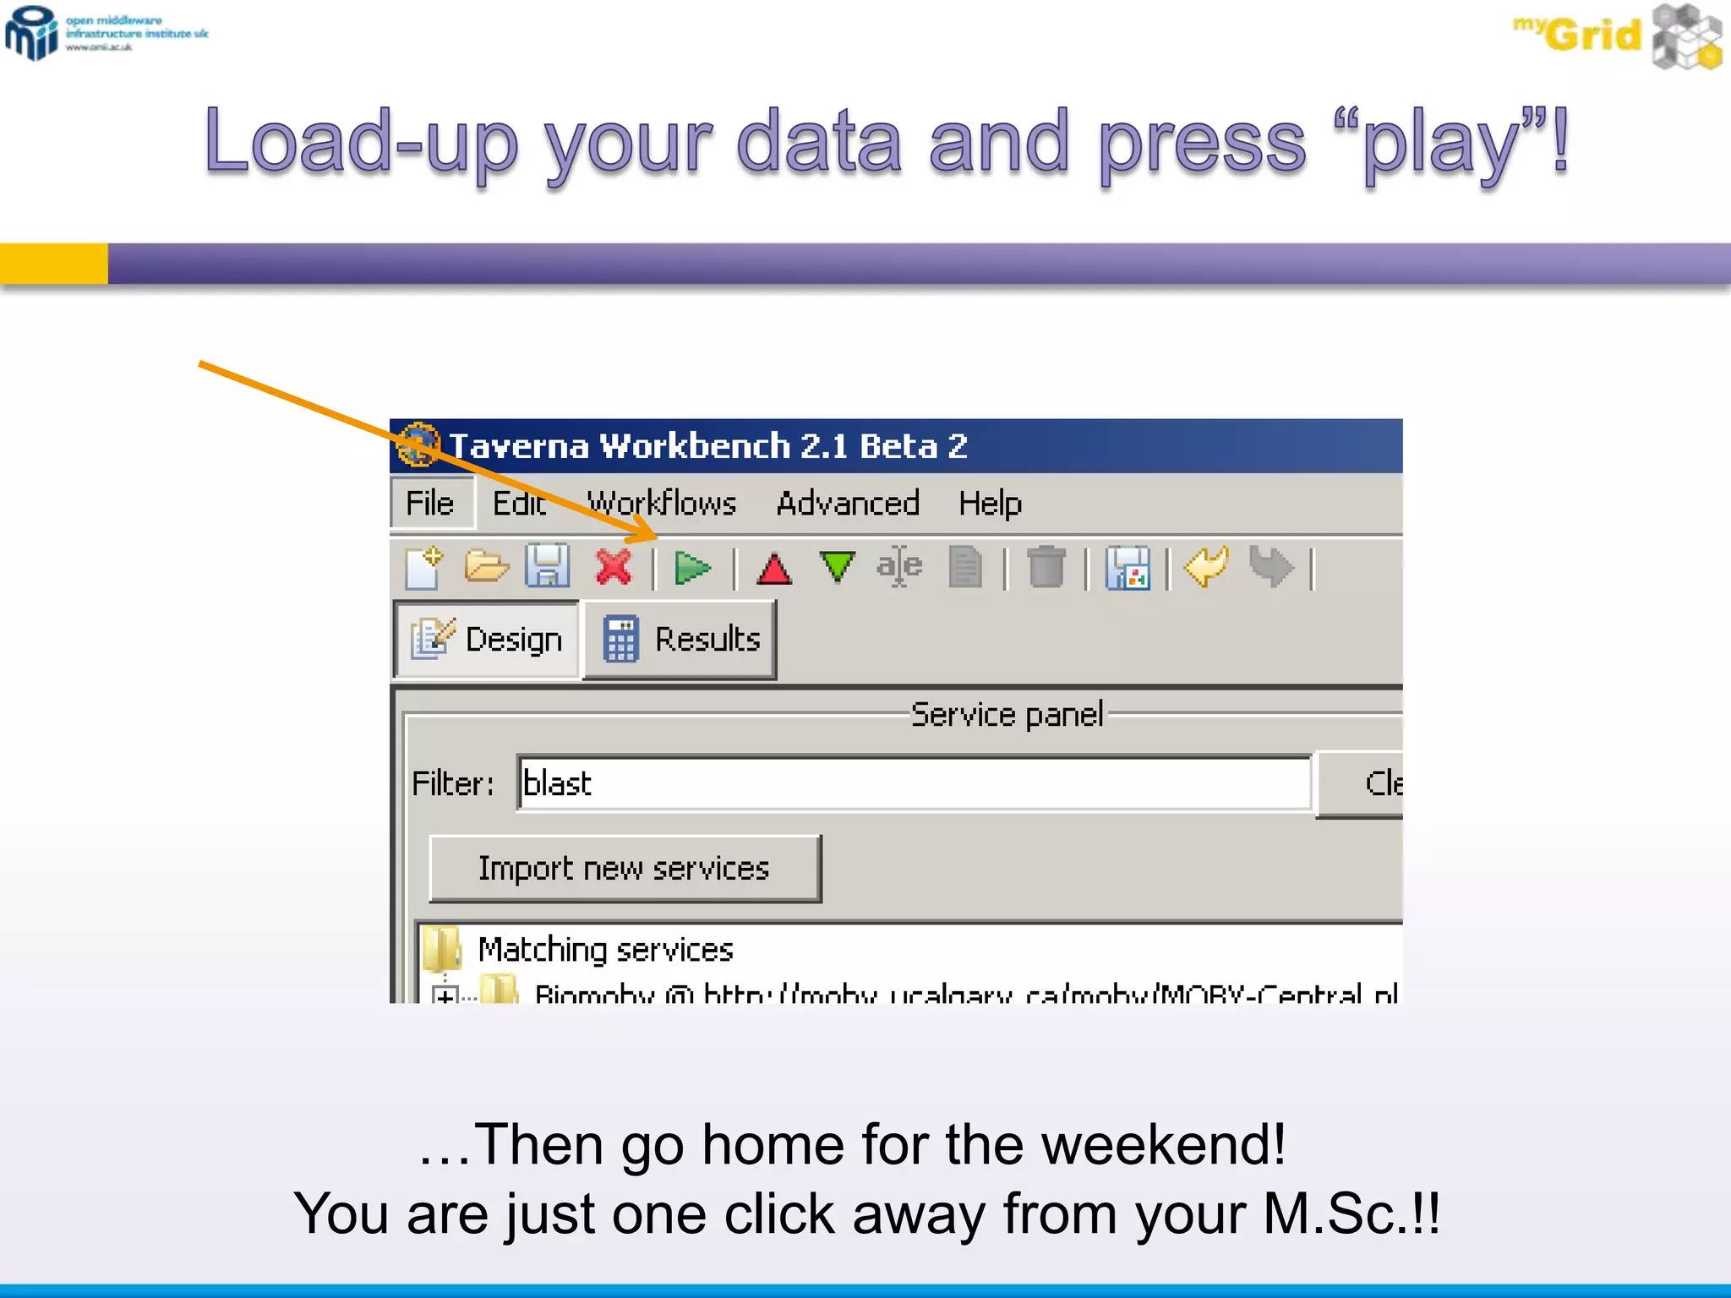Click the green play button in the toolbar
tap(692, 568)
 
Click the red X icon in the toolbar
tap(614, 567)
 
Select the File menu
tap(430, 504)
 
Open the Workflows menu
tap(662, 504)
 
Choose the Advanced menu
tap(848, 504)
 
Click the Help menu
tap(990, 504)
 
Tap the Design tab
tap(488, 640)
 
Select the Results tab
tap(681, 640)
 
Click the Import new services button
tap(625, 869)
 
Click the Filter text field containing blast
tap(913, 783)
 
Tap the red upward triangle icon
tap(773, 569)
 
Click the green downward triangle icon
tap(837, 566)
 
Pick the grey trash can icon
tap(1046, 566)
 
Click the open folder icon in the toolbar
tap(486, 566)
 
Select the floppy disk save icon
tap(548, 566)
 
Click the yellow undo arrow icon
tap(1206, 566)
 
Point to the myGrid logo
tap(1615, 35)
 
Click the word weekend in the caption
tap(1162, 1145)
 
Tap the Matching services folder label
tap(605, 951)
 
